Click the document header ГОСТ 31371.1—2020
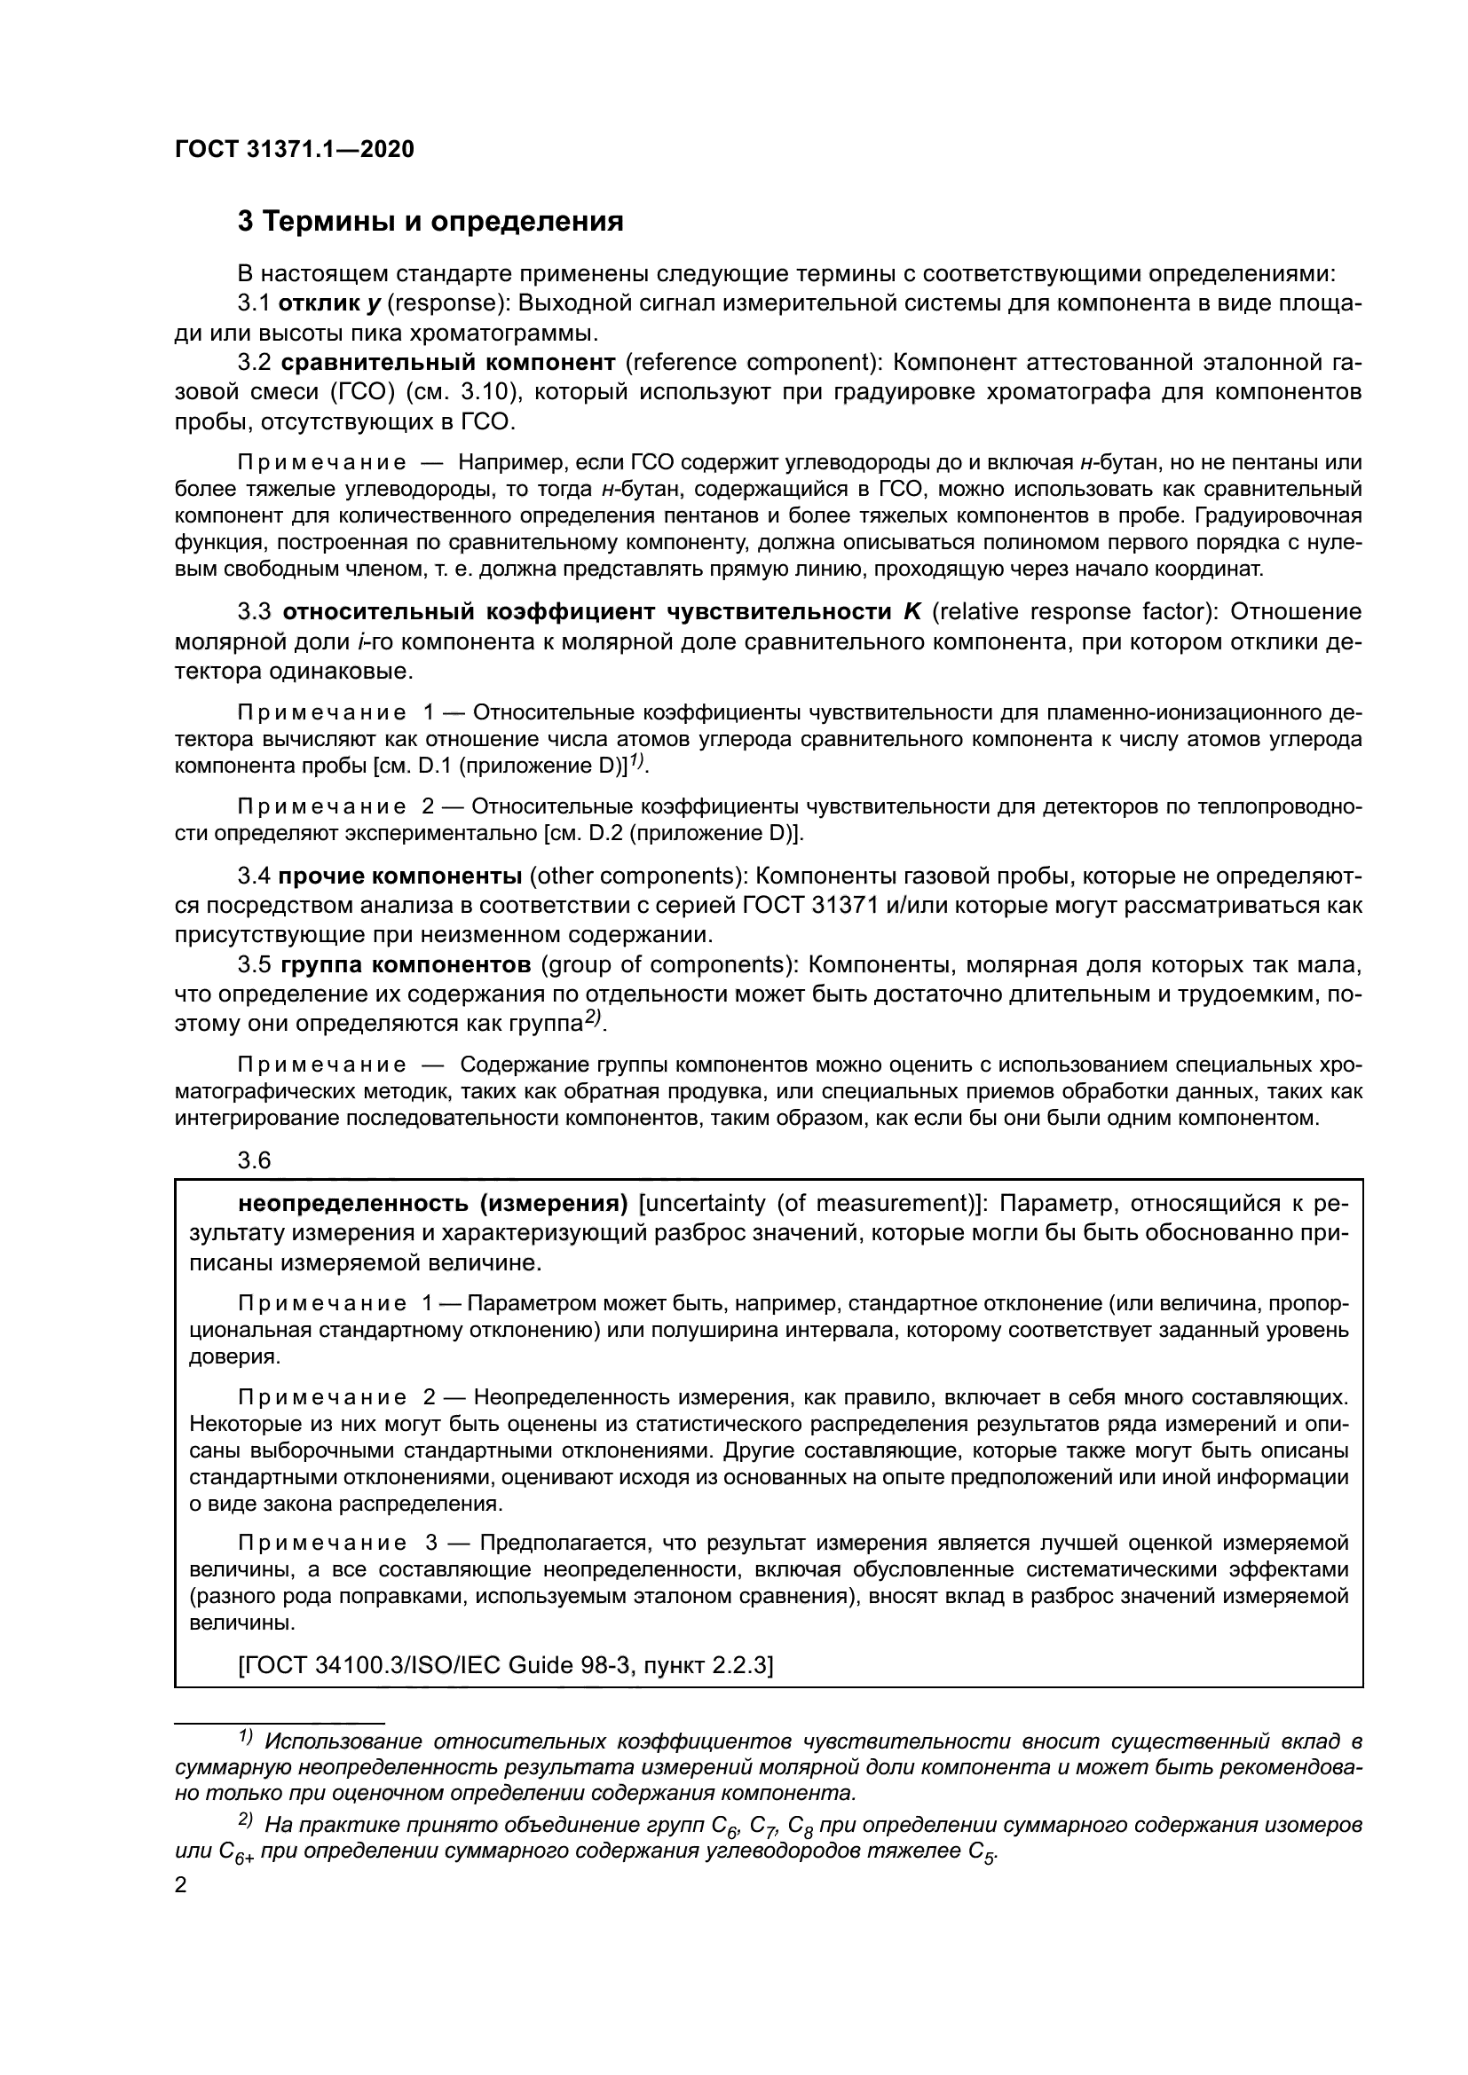tap(295, 150)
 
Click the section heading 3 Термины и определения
tap(430, 222)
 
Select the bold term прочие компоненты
tap(399, 876)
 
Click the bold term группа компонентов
tap(406, 964)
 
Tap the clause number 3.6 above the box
tap(254, 1160)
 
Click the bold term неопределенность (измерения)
tap(433, 1203)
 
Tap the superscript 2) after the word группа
tap(592, 1018)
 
